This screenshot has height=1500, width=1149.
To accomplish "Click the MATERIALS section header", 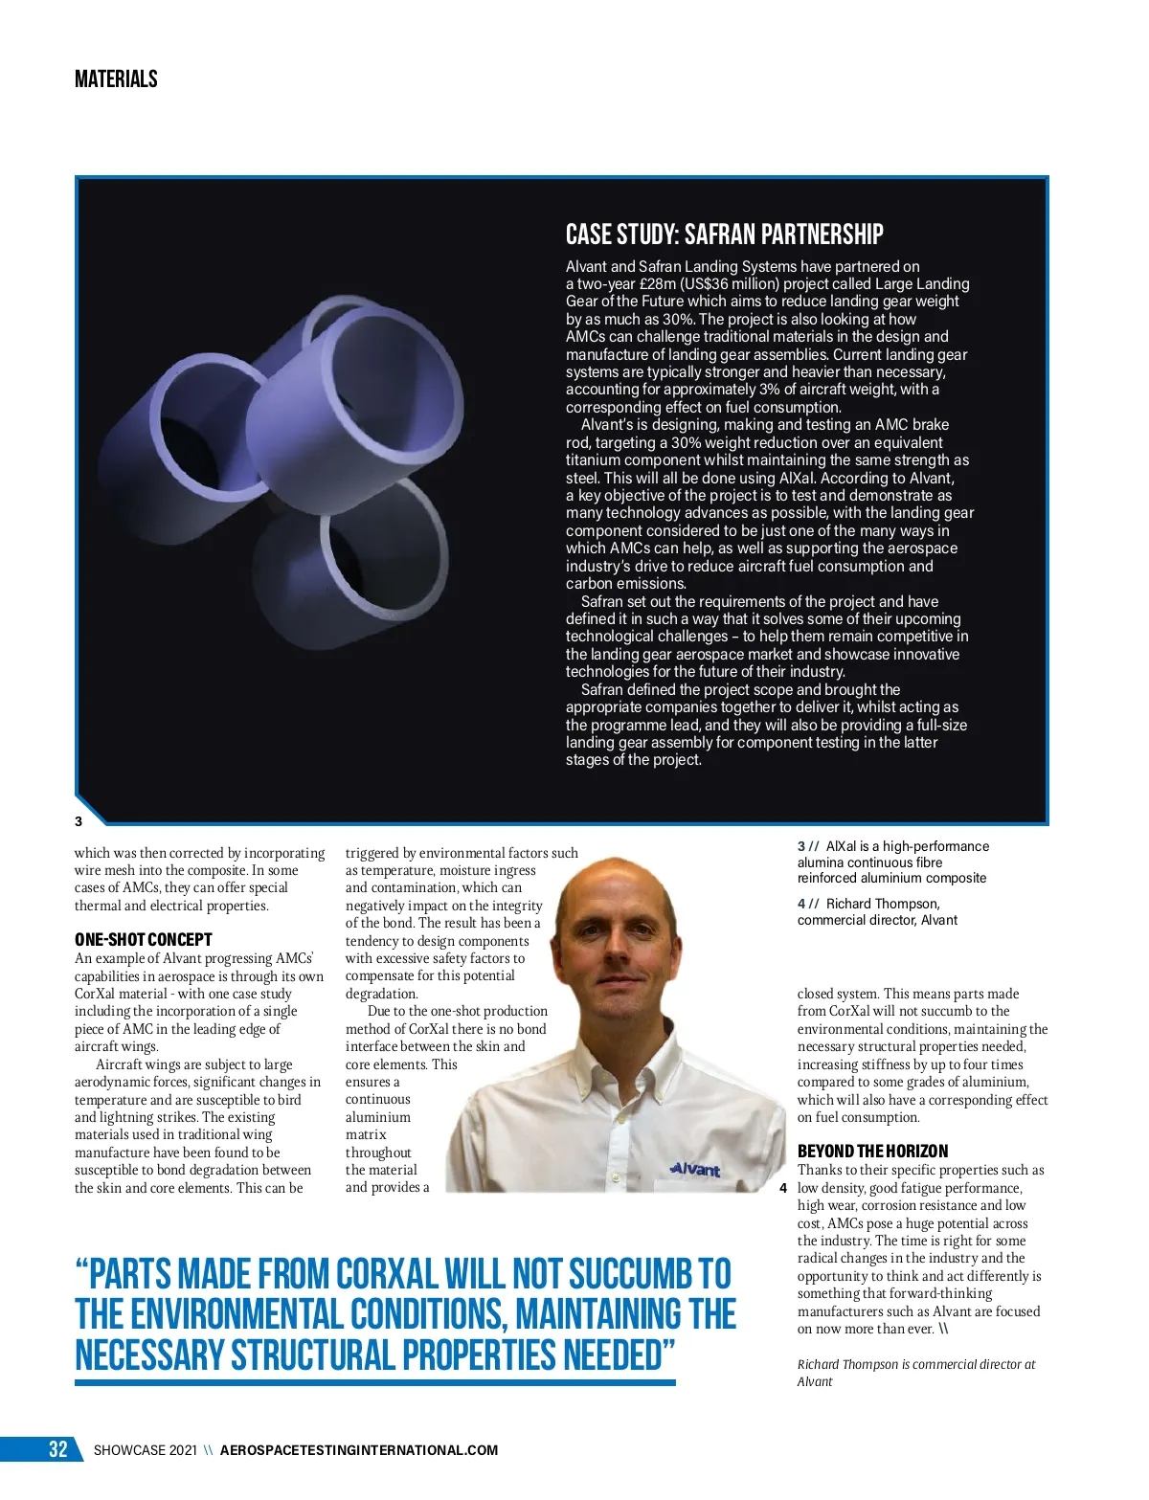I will [x=116, y=79].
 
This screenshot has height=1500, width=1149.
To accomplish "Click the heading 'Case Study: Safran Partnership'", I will [x=724, y=235].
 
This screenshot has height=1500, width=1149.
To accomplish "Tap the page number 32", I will [x=58, y=1449].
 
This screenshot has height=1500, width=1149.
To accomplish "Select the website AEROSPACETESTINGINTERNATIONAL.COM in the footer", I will [x=359, y=1450].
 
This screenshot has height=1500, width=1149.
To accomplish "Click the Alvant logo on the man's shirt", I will [x=695, y=1169].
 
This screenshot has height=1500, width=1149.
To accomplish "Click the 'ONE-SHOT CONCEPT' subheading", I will [x=143, y=940].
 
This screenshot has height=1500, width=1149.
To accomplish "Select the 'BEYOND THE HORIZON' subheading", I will [x=872, y=1152].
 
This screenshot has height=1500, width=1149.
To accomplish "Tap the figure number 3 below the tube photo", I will [x=79, y=821].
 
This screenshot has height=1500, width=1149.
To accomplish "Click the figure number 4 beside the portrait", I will [x=783, y=1189].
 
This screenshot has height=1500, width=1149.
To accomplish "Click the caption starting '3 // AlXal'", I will [x=892, y=862].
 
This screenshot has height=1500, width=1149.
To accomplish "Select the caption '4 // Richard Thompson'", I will [x=877, y=911].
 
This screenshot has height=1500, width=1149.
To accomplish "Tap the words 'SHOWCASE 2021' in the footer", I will [x=146, y=1450].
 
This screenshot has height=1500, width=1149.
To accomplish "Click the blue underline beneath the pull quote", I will [x=374, y=1383].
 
